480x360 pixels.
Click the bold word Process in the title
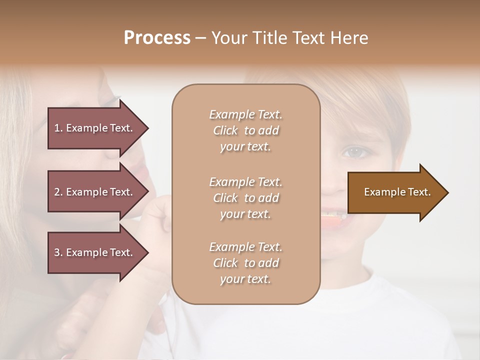pos(157,38)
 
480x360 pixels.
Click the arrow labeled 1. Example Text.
pos(95,128)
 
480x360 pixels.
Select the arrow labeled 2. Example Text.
pos(95,192)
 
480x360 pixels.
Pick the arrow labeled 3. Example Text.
pos(95,252)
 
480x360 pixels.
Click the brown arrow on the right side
pos(395,192)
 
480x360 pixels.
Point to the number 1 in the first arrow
pos(57,128)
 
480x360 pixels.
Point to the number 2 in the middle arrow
pos(57,192)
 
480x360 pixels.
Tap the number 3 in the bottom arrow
pos(57,252)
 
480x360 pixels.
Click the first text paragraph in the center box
pos(245,130)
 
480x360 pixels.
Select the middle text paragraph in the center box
pos(245,198)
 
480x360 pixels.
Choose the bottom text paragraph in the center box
pos(245,263)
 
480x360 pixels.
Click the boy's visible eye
pos(353,151)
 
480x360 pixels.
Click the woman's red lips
pos(141,175)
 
